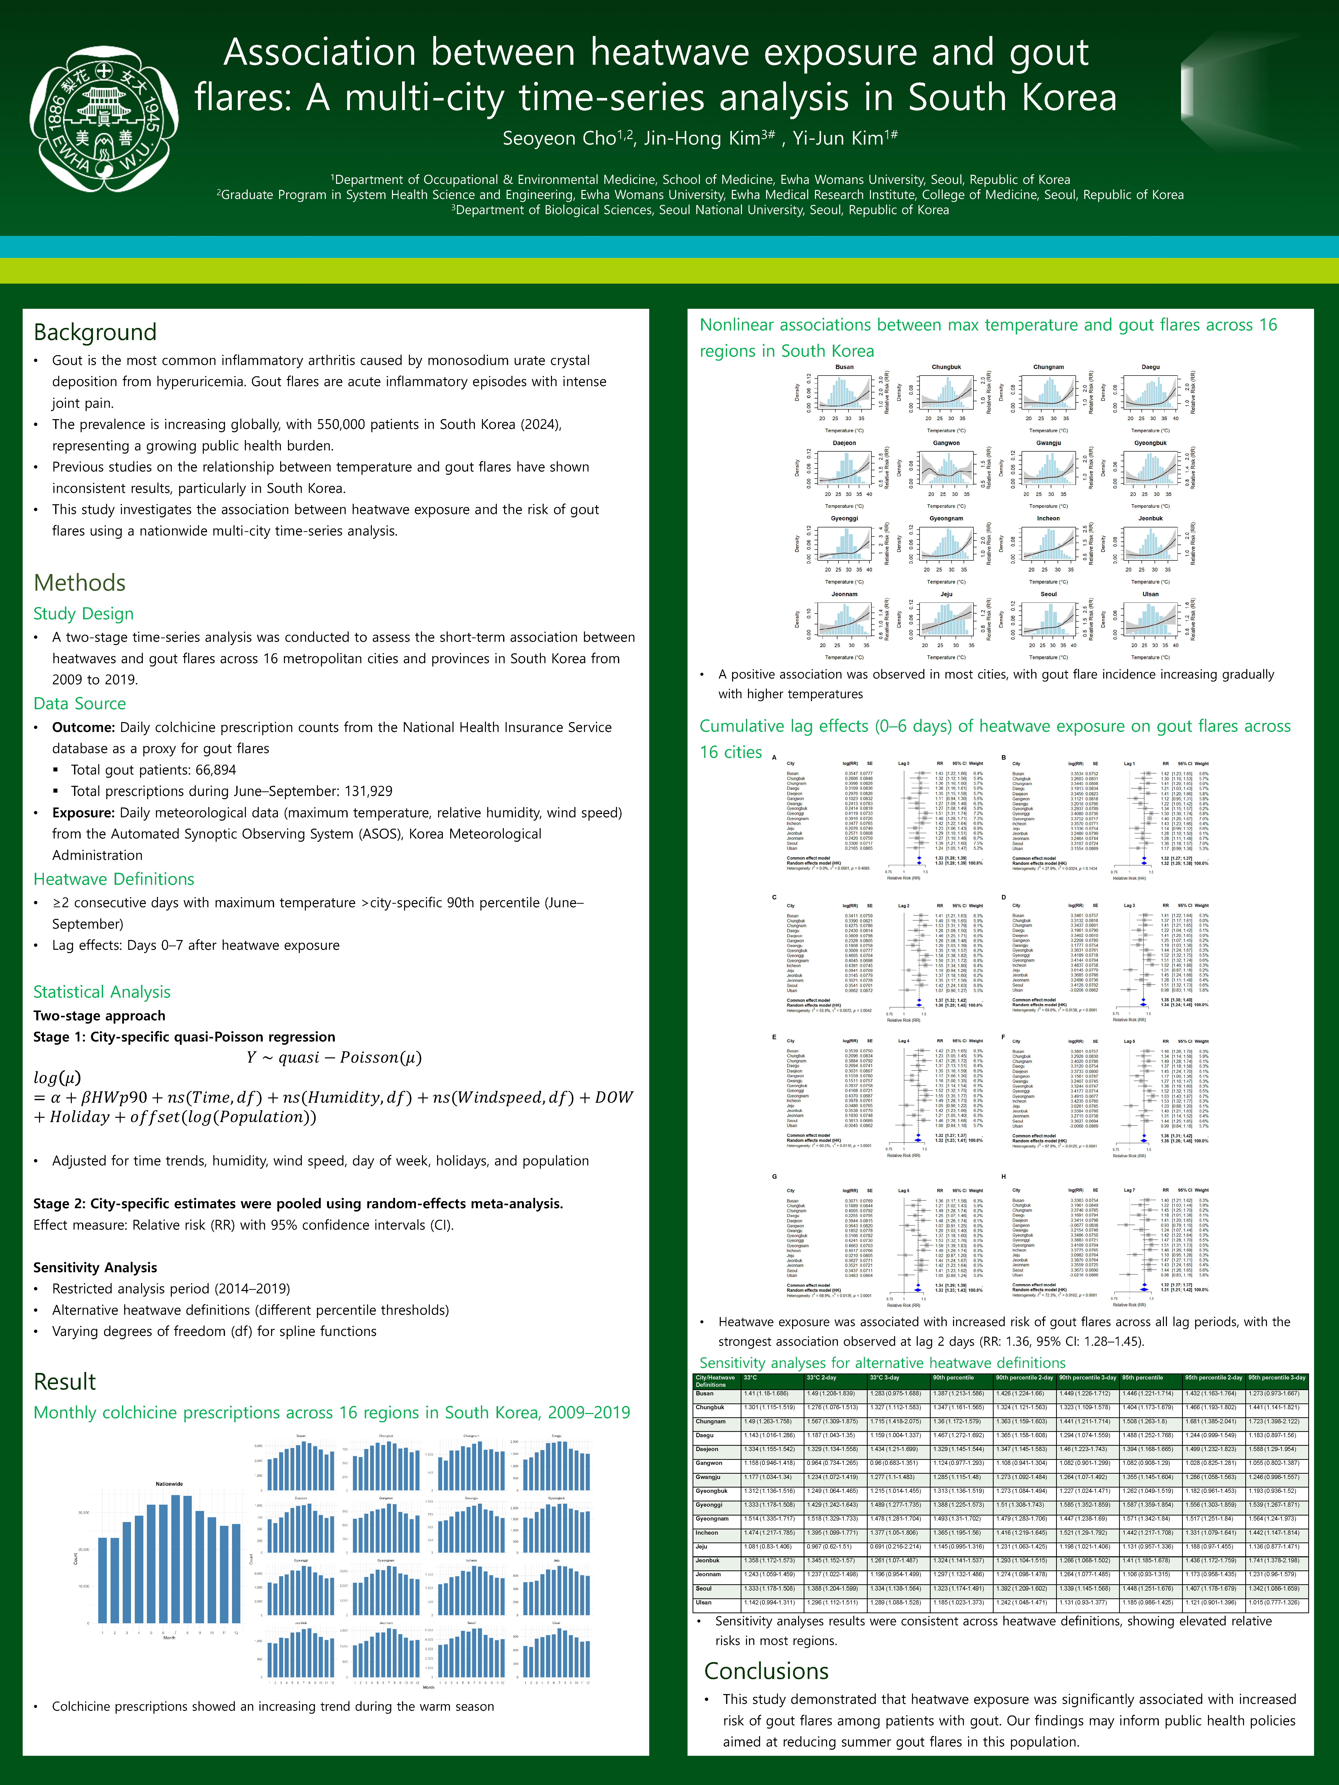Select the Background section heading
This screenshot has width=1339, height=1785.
click(95, 332)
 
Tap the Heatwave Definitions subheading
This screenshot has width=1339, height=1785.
click(114, 879)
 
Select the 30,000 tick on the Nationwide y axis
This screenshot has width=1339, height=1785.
click(83, 1512)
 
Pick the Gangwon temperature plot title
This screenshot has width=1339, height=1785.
click(946, 443)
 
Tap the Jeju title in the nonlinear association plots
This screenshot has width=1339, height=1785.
click(946, 594)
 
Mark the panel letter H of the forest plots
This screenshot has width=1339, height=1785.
click(1003, 1176)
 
